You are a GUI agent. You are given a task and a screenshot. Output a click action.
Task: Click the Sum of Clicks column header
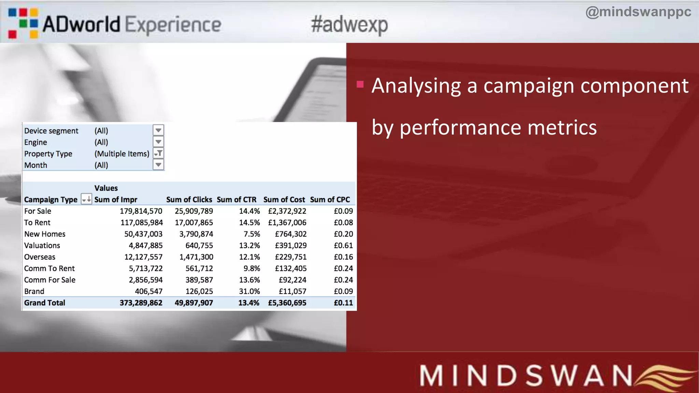(189, 200)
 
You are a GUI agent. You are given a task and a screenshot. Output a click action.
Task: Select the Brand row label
(34, 291)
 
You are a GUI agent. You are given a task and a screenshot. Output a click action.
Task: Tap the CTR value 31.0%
(249, 291)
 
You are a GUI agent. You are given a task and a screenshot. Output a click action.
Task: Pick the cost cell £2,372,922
(287, 211)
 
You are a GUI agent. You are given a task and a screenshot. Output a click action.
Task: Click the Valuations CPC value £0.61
(343, 246)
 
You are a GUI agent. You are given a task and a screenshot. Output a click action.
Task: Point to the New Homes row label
(45, 234)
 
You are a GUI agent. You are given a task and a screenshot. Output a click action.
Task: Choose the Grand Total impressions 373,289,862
(141, 303)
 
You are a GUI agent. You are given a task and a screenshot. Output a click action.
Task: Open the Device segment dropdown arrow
(158, 130)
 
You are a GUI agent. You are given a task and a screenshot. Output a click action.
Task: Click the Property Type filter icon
(158, 153)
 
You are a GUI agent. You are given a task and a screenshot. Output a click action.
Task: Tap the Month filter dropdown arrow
(158, 165)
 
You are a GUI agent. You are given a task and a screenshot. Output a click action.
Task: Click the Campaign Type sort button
(86, 199)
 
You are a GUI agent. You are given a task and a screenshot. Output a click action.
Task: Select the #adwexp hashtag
(349, 25)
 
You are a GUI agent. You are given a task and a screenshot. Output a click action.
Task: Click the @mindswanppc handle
(638, 12)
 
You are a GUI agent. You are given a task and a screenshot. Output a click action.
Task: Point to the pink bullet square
(360, 84)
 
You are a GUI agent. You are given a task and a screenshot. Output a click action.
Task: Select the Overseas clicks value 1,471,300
(196, 257)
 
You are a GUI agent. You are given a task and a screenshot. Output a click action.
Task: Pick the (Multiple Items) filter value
(122, 154)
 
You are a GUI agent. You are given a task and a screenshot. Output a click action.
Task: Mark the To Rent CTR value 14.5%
(249, 223)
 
